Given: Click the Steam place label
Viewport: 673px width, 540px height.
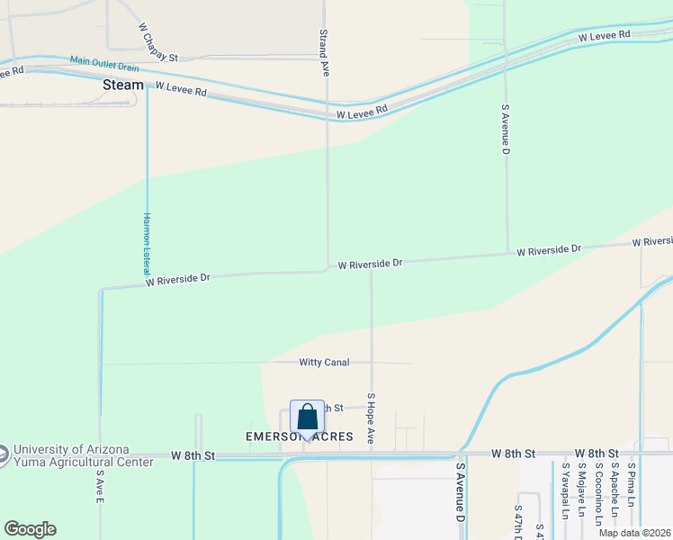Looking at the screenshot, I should click(x=123, y=85).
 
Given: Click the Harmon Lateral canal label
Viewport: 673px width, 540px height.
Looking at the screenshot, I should click(x=147, y=244).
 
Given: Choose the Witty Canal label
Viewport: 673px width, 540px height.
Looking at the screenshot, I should click(x=324, y=363).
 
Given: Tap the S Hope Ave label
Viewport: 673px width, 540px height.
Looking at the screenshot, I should click(x=370, y=417).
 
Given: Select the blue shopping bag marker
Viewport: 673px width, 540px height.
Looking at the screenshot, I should click(x=307, y=418).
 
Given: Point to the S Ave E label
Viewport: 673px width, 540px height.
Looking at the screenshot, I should click(x=100, y=487).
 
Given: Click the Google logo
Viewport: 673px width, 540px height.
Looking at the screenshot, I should click(x=30, y=529).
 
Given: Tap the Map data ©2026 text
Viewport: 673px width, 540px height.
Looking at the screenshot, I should click(x=635, y=533).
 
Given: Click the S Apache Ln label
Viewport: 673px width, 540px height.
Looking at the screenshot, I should click(x=615, y=491).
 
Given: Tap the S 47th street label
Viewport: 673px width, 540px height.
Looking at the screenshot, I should click(x=520, y=513).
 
